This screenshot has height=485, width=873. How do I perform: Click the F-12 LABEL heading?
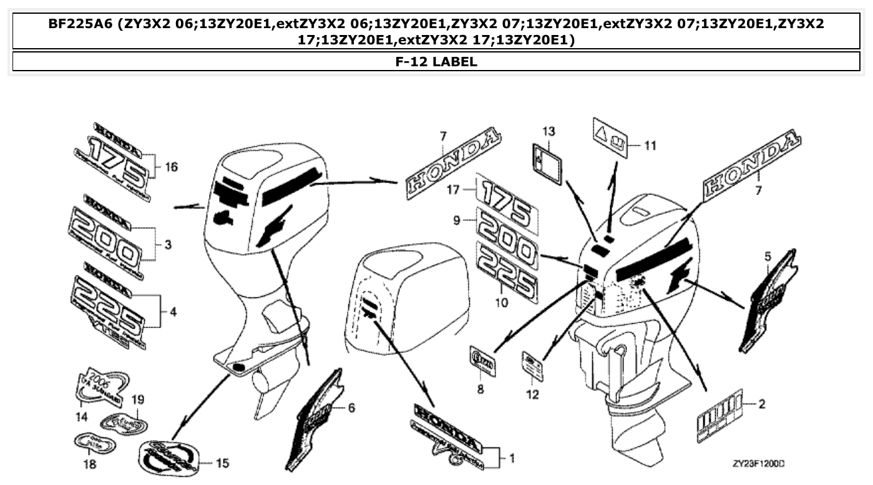point(436,61)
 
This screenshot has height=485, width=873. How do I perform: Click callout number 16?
point(171,167)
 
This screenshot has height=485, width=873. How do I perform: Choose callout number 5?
point(768,256)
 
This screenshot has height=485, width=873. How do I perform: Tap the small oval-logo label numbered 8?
point(482,362)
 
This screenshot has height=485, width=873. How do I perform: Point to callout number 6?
point(351,408)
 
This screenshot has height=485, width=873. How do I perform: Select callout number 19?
point(138,398)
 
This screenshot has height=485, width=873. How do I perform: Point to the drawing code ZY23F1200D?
point(758,464)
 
